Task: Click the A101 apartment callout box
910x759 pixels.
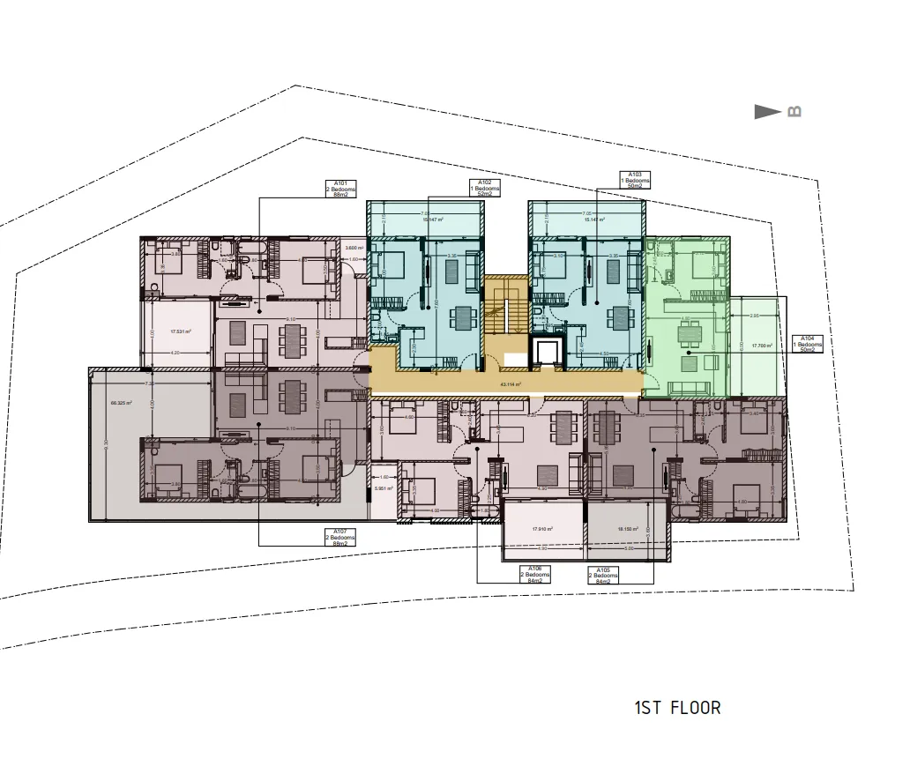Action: [x=339, y=190]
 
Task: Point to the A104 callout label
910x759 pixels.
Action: [x=807, y=344]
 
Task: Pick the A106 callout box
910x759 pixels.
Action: [x=535, y=574]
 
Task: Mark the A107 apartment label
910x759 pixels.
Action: [x=339, y=537]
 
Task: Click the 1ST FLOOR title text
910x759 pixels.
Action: [x=677, y=707]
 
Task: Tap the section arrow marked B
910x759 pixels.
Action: [x=776, y=112]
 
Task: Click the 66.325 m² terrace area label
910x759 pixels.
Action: [x=121, y=403]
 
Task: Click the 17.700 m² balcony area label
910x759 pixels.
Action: [x=762, y=346]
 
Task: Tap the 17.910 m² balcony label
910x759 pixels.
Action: [x=542, y=529]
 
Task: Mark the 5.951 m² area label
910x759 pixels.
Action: [x=384, y=488]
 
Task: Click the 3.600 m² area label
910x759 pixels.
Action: [x=355, y=248]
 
